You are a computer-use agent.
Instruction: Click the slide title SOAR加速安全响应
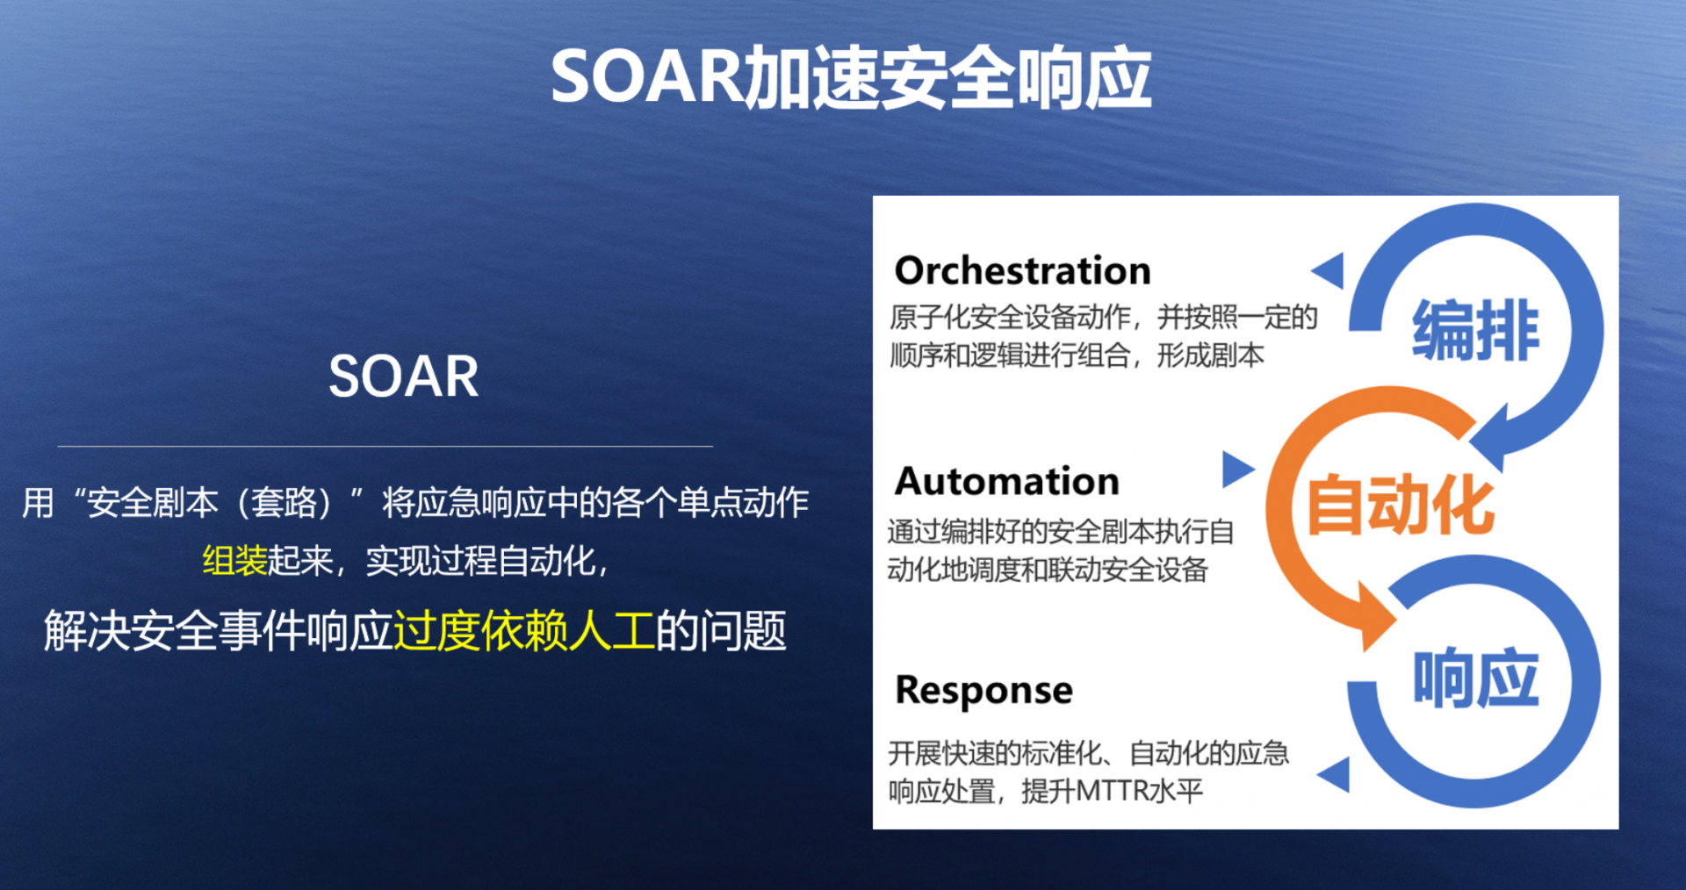850,77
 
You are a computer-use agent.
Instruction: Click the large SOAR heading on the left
403,377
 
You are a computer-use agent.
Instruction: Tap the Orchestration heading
1022,270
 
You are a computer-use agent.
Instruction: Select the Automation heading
1007,481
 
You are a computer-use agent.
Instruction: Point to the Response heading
983,691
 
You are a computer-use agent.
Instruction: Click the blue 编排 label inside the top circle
1475,330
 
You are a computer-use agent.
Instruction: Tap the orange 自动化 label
1401,505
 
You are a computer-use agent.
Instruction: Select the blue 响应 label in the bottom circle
1475,678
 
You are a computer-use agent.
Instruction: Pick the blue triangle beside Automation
1237,470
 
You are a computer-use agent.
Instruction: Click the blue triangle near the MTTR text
1334,775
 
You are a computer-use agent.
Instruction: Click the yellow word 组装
234,561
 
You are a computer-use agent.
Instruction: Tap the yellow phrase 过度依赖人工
524,631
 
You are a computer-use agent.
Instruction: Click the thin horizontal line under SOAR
385,446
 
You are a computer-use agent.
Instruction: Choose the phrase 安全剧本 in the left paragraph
153,503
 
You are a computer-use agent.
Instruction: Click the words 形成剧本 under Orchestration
1211,355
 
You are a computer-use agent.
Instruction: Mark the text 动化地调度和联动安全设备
1048,570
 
